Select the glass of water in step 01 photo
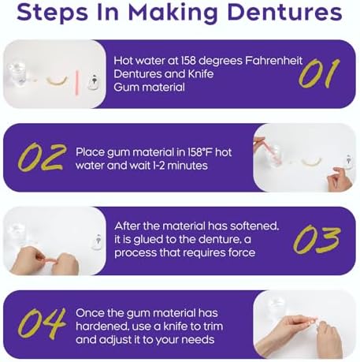click(x=19, y=76)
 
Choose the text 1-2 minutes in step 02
click(x=183, y=166)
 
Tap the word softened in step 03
click(x=254, y=226)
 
